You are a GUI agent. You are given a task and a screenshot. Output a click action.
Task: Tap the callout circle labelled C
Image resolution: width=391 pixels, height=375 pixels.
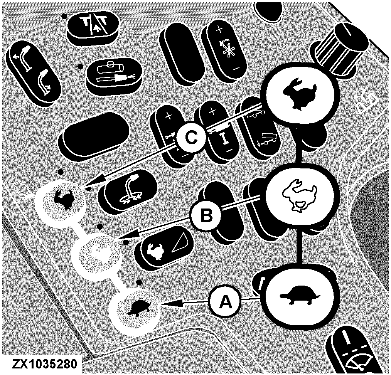point(191,138)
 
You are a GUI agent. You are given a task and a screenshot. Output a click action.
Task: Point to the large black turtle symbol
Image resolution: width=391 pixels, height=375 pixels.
point(300,296)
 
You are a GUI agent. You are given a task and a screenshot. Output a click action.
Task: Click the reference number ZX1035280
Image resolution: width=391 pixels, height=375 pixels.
point(44,365)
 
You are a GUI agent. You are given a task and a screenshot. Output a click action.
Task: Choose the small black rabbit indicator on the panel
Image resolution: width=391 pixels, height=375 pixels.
point(63,198)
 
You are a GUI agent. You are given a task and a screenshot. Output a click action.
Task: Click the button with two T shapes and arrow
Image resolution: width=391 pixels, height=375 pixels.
point(93,27)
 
